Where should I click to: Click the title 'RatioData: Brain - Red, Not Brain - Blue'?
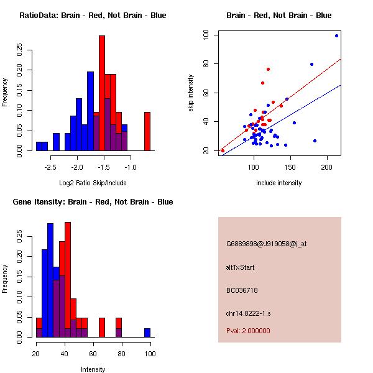[93, 16]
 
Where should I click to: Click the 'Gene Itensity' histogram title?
[93, 202]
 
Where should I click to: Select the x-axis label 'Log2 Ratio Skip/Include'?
[93, 183]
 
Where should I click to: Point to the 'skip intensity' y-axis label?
[191, 93]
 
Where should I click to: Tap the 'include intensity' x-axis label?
[279, 183]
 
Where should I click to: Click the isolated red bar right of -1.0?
[147, 131]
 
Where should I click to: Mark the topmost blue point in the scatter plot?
[336, 35]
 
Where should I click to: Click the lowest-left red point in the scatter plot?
[223, 150]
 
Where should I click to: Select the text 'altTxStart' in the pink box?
[241, 267]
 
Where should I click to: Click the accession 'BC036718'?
[242, 290]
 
